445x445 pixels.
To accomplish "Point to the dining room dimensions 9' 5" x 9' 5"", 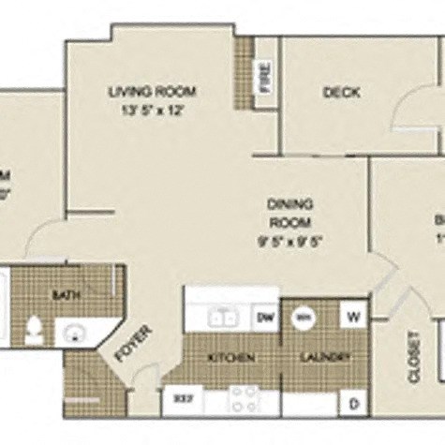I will coord(289,240).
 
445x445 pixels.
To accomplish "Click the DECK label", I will coord(341,92).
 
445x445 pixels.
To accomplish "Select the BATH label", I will coord(65,295).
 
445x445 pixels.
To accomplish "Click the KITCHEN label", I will coord(227,357).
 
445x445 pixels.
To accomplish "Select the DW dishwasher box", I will coord(265,319).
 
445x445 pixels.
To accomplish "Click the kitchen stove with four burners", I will coord(244,400).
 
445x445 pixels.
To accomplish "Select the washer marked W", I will coord(355,315).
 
